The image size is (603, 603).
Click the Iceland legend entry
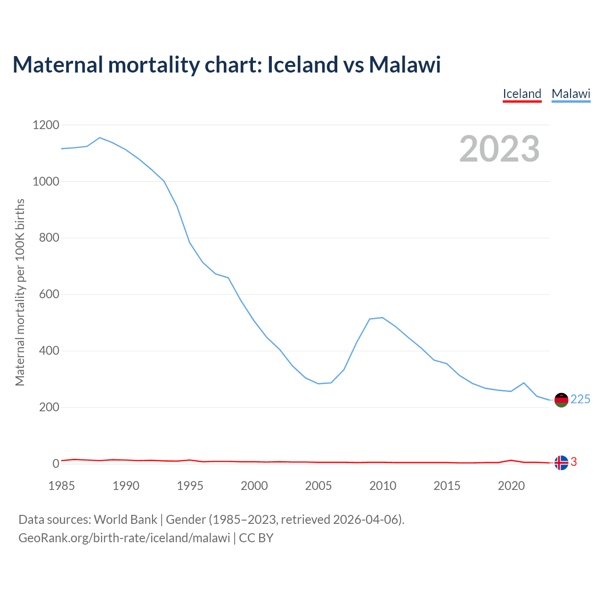pos(522,94)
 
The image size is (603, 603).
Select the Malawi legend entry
pos(571,94)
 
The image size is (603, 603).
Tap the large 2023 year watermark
pos(499,149)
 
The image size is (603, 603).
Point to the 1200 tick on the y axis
pos(46,125)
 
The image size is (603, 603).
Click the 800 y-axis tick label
pos(49,238)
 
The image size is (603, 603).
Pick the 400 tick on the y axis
pos(49,351)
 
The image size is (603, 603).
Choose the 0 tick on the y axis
pos(56,464)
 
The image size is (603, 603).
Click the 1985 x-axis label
pos(62,486)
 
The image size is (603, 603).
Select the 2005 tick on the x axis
pos(318,486)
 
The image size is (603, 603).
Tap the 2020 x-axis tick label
pos(511,486)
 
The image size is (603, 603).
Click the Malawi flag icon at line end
pos(561,400)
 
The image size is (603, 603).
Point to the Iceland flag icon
pos(561,463)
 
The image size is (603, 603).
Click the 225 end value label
pos(580,399)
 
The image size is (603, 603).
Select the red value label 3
pos(574,462)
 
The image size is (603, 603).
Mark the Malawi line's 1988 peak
pos(100,138)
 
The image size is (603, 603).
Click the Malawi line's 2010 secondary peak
pos(383,318)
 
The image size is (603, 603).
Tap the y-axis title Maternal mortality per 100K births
pos(20,292)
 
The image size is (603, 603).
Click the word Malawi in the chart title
pos(405,65)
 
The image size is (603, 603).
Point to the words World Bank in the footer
pos(125,520)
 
